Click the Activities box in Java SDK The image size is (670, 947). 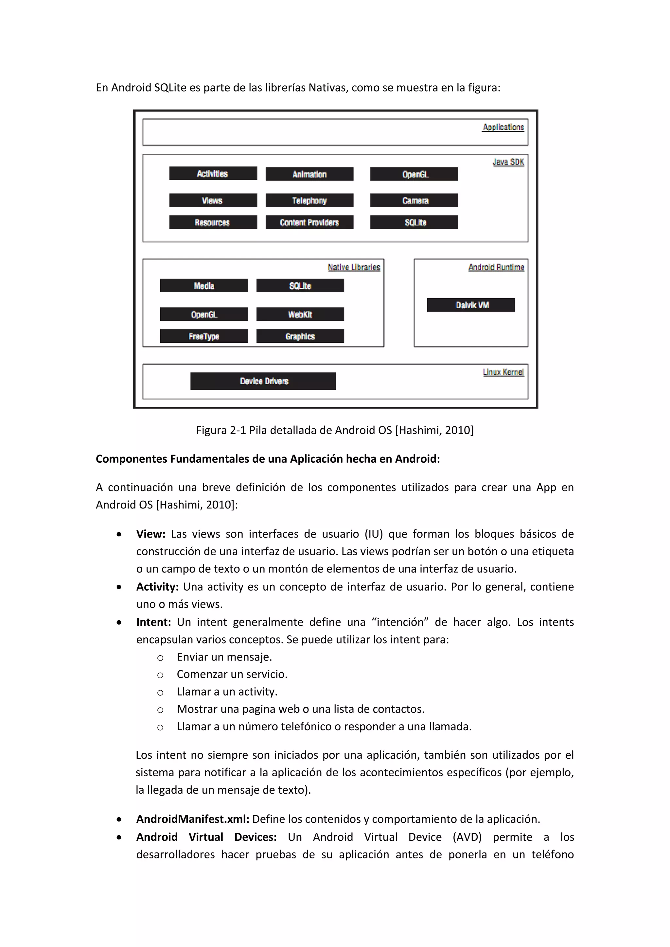(x=213, y=173)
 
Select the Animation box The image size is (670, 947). (x=309, y=174)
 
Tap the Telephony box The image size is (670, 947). (x=309, y=200)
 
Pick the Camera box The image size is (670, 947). (x=414, y=200)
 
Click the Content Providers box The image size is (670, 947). (x=309, y=222)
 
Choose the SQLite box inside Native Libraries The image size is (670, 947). (x=300, y=285)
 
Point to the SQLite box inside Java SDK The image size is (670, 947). (x=414, y=222)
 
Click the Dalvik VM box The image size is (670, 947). (x=471, y=305)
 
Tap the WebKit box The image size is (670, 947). (x=300, y=314)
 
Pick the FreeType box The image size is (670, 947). (x=204, y=336)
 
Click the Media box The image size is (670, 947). (x=204, y=285)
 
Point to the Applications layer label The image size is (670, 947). (x=503, y=127)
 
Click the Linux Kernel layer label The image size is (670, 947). (x=503, y=372)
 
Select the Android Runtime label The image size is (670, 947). (x=496, y=267)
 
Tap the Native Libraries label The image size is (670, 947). (x=354, y=267)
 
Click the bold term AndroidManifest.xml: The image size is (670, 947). (x=193, y=819)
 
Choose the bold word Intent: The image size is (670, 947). (x=153, y=622)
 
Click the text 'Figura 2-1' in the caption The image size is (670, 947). (x=221, y=430)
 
